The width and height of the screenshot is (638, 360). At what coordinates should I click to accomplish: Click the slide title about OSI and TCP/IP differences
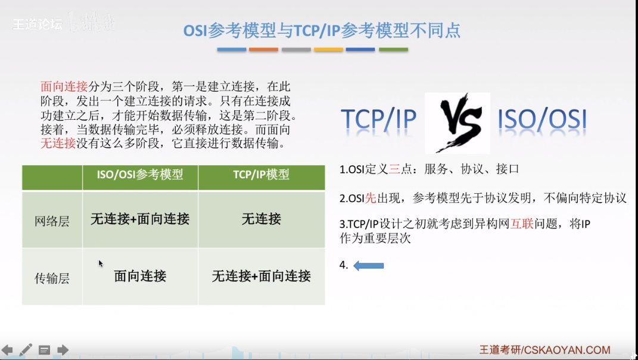click(322, 30)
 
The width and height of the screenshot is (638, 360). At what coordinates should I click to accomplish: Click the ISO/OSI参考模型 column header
click(140, 175)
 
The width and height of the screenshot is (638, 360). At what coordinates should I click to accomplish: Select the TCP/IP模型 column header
click(262, 175)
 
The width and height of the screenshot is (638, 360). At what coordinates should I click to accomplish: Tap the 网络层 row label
click(52, 222)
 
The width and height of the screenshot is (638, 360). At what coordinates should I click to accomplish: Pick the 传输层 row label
click(52, 278)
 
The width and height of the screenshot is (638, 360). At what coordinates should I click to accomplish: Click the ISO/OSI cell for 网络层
click(140, 219)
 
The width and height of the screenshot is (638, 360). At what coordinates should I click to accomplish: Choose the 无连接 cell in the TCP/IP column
click(262, 219)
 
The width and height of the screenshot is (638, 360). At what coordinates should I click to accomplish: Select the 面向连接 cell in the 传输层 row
click(140, 276)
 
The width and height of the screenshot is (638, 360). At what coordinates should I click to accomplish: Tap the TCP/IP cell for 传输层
click(262, 276)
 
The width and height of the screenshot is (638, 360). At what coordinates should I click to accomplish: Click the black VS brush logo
click(458, 123)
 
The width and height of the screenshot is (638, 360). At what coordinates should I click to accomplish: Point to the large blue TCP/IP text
click(379, 120)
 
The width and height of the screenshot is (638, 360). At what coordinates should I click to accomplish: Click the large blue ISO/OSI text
click(542, 120)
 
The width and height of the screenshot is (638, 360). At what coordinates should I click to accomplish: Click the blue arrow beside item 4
click(369, 266)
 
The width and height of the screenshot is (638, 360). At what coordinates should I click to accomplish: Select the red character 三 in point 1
click(394, 169)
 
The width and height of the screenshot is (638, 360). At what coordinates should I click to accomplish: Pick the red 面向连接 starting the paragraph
click(64, 86)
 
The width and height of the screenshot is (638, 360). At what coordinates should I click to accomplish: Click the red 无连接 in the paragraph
click(58, 144)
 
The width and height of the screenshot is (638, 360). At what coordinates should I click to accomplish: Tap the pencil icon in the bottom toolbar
click(26, 350)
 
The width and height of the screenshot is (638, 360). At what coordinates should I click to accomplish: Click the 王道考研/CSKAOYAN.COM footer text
click(544, 350)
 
